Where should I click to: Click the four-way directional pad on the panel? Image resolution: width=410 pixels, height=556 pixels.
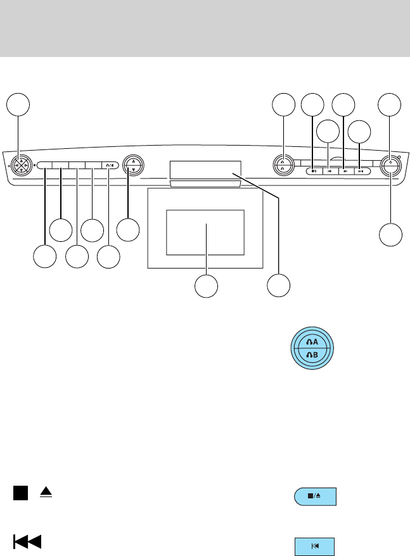click(18, 163)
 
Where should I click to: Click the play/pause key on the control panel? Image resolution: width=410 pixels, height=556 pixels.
click(360, 170)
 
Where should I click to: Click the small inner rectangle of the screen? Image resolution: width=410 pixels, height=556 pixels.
click(205, 232)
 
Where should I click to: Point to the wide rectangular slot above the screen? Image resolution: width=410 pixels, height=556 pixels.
click(205, 169)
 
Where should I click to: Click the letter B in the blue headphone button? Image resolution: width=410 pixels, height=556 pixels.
click(316, 356)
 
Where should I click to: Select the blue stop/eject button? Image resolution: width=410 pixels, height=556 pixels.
click(315, 496)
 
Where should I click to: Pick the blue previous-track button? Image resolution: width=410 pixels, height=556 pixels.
click(314, 546)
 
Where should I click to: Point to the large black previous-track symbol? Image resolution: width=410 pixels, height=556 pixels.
click(27, 541)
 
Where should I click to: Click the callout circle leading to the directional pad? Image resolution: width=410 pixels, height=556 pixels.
click(18, 105)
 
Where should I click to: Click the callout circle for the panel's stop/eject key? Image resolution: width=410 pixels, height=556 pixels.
click(312, 105)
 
